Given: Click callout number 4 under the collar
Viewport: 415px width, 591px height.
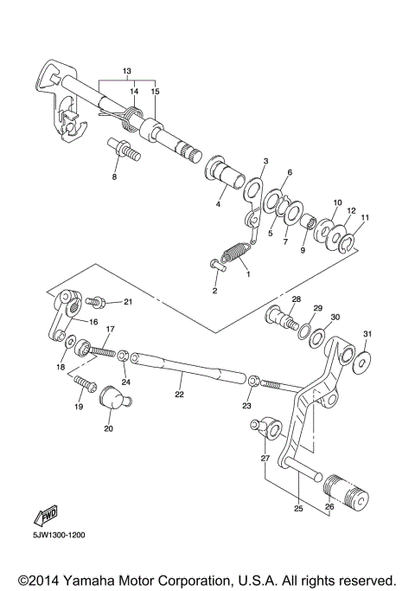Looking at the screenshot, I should (x=220, y=205).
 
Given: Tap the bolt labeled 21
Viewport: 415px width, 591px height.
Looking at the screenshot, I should (x=97, y=303).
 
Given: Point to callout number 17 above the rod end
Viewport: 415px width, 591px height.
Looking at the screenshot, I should (x=110, y=330).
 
